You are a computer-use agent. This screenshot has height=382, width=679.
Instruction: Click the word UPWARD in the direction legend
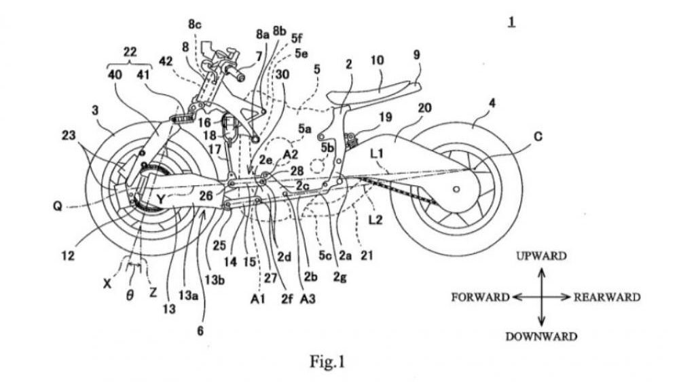[541, 256]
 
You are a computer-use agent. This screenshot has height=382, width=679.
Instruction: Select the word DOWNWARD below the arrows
[541, 337]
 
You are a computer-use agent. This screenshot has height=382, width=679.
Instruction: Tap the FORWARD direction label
[479, 297]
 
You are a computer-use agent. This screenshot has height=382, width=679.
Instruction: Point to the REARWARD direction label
[606, 297]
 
